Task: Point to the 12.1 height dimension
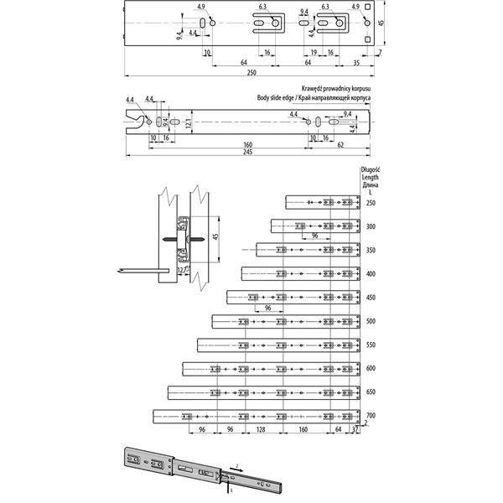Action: tap(189, 123)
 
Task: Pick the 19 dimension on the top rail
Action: tap(314, 52)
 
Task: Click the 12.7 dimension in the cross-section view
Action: tap(183, 270)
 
